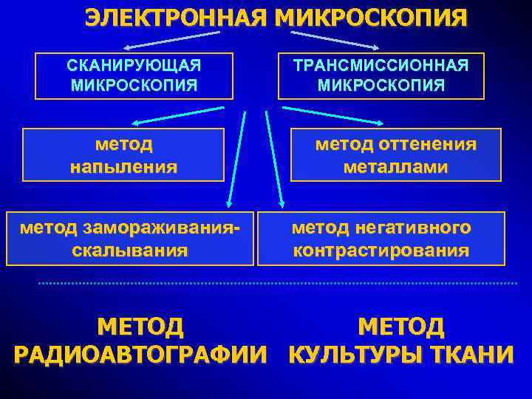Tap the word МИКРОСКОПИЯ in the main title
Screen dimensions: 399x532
point(371,18)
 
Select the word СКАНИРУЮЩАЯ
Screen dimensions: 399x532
point(134,65)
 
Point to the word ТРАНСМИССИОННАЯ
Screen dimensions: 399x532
point(381,65)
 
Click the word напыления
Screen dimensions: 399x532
point(123,166)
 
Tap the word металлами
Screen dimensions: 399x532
point(395,167)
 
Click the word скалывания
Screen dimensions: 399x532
point(129,250)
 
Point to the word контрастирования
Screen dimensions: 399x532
point(381,250)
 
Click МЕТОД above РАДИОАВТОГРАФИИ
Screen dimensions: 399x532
point(140,326)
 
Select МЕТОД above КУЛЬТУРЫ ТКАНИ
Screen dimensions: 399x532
point(400,326)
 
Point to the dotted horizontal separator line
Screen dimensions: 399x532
point(277,283)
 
